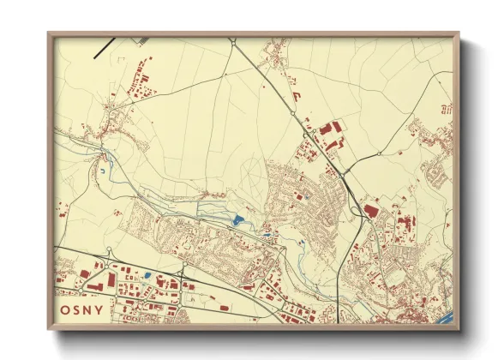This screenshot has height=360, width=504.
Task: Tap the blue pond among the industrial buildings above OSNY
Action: (149, 276)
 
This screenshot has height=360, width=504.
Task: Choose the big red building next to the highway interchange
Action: (371, 208)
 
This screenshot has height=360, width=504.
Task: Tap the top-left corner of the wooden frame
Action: (49, 33)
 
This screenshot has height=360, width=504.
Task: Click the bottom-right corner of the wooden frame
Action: (459, 329)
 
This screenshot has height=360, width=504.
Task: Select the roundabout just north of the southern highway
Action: (109, 252)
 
